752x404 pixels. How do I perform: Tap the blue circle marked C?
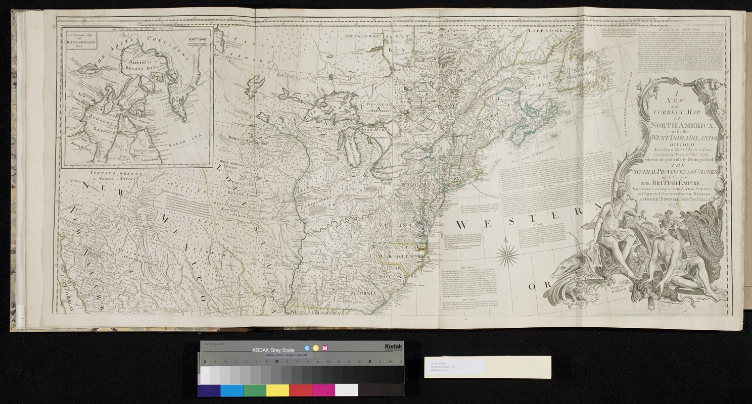coord(306,348)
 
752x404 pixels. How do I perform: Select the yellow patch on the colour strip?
coord(277,390)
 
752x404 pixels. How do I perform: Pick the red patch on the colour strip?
coord(300,390)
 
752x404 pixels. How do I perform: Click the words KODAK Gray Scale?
coord(273,349)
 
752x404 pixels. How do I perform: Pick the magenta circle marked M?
coord(325,348)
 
